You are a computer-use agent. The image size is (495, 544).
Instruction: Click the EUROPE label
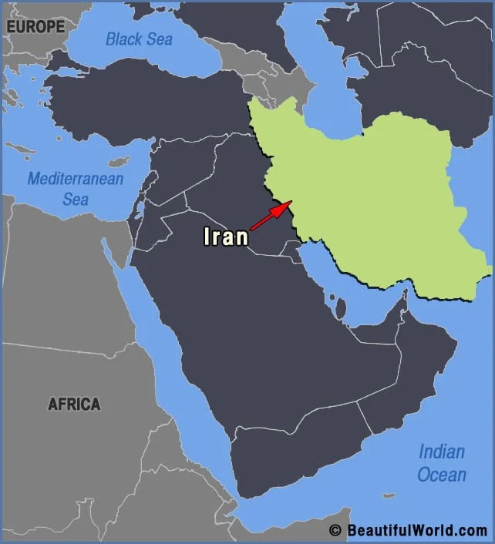click(35, 26)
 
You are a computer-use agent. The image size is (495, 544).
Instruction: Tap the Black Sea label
click(140, 39)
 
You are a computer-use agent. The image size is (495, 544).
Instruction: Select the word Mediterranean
click(76, 179)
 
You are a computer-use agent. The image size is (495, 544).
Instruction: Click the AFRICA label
click(74, 404)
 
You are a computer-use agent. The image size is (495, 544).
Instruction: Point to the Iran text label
click(226, 236)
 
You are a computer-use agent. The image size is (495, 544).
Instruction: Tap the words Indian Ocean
click(442, 462)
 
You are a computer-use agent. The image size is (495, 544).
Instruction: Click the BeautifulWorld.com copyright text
click(416, 530)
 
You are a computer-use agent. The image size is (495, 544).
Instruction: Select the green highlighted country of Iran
click(370, 193)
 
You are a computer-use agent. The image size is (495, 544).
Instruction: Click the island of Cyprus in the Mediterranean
click(118, 163)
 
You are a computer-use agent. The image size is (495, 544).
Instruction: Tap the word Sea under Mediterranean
click(76, 199)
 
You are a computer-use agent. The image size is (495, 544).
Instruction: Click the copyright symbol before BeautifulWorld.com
click(334, 530)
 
